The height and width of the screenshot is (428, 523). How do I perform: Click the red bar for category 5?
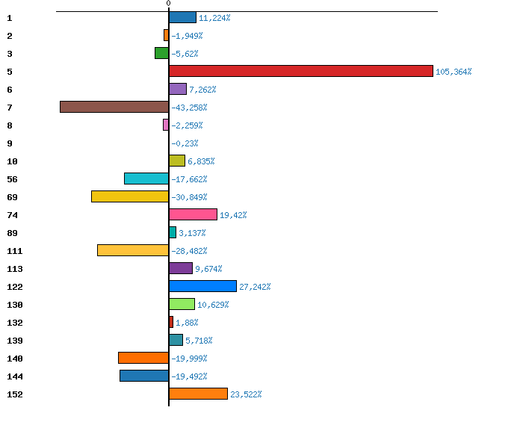click(x=301, y=71)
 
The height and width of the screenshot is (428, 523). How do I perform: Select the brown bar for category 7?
click(x=114, y=107)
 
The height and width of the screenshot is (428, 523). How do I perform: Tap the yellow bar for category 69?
click(x=130, y=196)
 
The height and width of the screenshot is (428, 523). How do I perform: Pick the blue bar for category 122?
click(x=202, y=286)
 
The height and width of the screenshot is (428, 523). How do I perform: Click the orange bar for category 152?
click(x=198, y=394)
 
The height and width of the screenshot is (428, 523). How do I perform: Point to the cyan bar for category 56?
click(x=146, y=179)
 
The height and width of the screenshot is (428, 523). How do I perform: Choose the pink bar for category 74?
click(x=193, y=214)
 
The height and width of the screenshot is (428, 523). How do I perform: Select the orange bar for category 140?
click(x=143, y=358)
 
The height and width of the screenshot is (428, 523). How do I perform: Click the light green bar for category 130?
click(x=182, y=304)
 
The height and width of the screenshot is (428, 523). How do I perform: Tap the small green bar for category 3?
click(x=161, y=53)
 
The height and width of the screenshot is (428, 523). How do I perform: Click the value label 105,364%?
click(x=454, y=72)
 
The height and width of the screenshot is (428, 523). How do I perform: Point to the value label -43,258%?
click(x=189, y=108)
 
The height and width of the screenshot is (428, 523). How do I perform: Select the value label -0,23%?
click(x=185, y=143)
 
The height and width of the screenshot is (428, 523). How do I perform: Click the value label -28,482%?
click(x=189, y=251)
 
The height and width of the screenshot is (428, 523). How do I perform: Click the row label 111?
click(x=14, y=251)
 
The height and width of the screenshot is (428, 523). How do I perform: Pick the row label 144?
click(x=14, y=376)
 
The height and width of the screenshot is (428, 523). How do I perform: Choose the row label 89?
click(x=12, y=233)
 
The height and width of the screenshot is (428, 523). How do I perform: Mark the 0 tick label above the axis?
click(x=169, y=4)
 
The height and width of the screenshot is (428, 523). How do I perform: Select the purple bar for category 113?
click(x=181, y=268)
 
